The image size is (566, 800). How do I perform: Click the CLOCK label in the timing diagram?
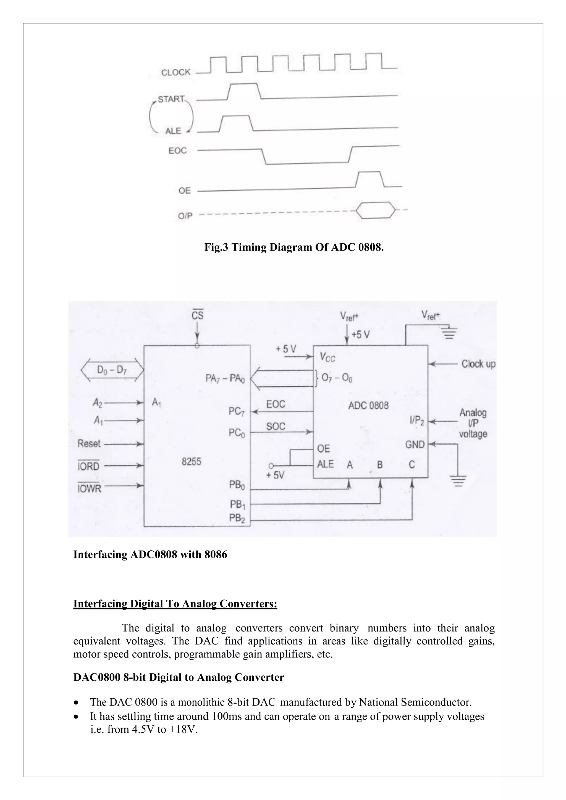[x=176, y=72]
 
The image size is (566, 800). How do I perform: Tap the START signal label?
[x=171, y=99]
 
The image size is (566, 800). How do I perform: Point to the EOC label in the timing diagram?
[x=177, y=151]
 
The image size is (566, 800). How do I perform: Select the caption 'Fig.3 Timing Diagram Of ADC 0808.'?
[x=294, y=248]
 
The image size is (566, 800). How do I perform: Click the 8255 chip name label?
[x=191, y=461]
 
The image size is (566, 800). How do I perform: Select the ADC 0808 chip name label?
[x=368, y=405]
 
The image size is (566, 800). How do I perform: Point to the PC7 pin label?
[x=237, y=412]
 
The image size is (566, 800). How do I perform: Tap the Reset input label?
[x=89, y=444]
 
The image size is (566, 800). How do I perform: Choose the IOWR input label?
[x=89, y=488]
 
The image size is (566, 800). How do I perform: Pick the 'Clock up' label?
[x=478, y=364]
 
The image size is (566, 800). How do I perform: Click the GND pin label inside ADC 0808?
[x=415, y=444]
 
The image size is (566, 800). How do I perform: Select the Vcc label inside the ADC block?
[x=327, y=357]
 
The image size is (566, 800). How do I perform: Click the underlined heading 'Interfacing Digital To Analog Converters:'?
[x=175, y=604]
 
